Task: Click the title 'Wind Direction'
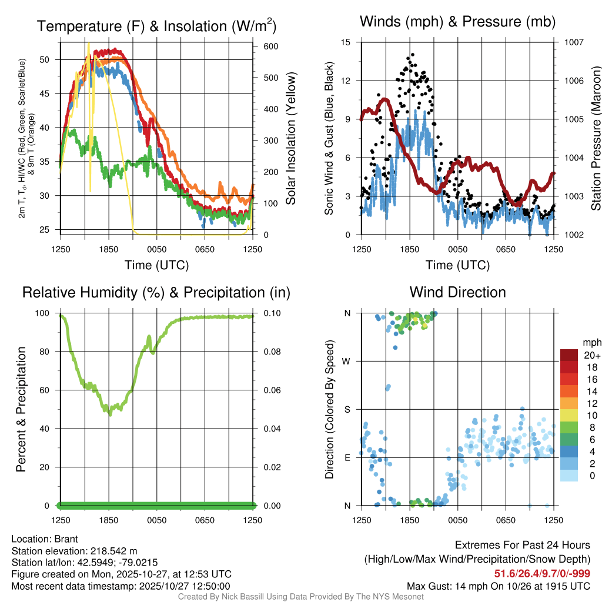click(457, 292)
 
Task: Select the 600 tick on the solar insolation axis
click(270, 46)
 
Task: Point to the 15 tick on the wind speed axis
click(346, 42)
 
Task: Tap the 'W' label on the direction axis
click(347, 361)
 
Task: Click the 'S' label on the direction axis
click(347, 409)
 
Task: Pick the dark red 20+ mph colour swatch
click(570, 355)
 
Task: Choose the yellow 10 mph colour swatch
click(570, 414)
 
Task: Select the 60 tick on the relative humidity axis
click(49, 390)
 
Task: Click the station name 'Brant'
click(66, 539)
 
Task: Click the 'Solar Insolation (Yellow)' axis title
click(290, 139)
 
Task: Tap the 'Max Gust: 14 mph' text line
click(499, 586)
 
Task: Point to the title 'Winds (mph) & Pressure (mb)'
click(457, 22)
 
